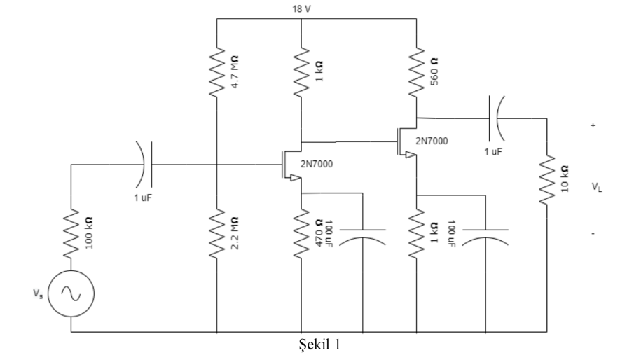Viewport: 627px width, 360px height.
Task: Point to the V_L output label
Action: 595,188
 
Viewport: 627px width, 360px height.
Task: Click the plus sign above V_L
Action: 594,125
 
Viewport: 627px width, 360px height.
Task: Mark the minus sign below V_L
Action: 594,233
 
